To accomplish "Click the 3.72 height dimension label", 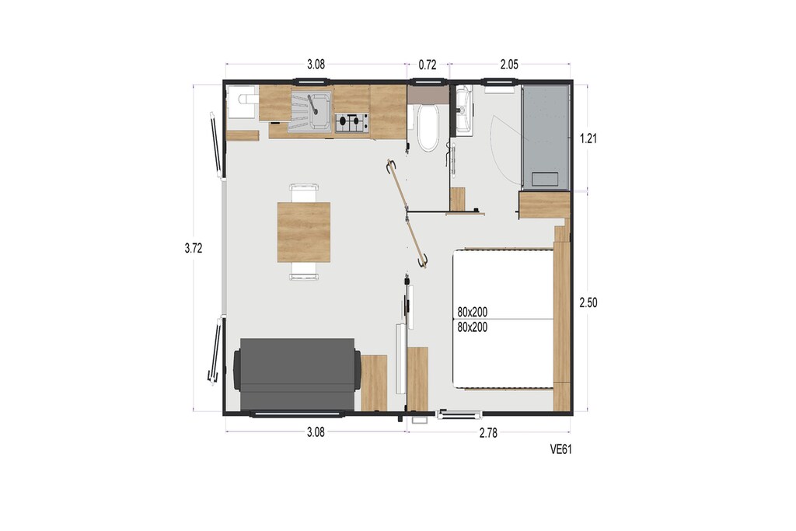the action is point(194,248).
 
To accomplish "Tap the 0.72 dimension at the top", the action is point(428,65).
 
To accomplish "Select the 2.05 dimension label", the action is point(509,65).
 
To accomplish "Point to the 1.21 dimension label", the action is point(588,138).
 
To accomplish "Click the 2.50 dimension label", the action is point(588,302).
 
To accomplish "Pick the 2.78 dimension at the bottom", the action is point(488,433).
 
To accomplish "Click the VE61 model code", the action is point(561,449).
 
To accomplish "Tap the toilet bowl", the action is point(428,128).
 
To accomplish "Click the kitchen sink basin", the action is point(310,112).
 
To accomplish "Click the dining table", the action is point(304,232).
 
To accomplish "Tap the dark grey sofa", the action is point(297,375).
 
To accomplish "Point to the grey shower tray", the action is point(546,137).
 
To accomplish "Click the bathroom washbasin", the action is point(463,110).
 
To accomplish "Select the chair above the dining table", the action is point(304,194).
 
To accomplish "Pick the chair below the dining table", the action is point(304,271).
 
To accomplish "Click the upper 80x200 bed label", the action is point(472,312).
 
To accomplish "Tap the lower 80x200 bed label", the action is point(472,327).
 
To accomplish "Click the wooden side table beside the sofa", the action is point(374,383).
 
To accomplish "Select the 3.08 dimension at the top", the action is point(316,65).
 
